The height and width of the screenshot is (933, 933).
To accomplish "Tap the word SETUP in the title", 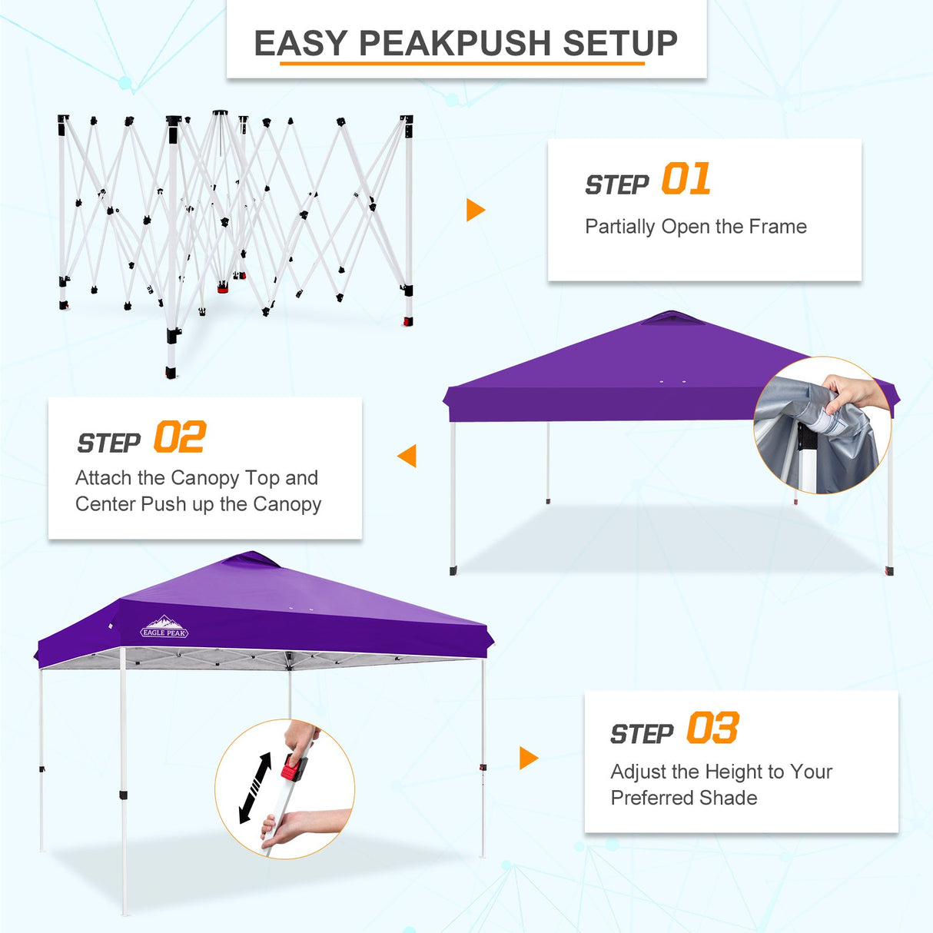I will point(620,44).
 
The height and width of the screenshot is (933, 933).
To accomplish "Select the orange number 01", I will point(686,179).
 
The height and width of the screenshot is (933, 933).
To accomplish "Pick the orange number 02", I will point(179,438).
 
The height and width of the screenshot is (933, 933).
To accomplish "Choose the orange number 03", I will point(712,729).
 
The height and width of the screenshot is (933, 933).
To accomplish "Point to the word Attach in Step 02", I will point(103,478).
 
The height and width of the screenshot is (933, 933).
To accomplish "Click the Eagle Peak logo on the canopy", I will point(164,628).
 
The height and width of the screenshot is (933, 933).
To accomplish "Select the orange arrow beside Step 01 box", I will point(476,210).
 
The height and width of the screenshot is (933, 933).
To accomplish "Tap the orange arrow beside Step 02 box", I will point(407,456).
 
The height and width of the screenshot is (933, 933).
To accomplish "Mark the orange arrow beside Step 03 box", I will point(528,758).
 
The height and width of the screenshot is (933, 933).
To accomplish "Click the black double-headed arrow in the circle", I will point(255,788).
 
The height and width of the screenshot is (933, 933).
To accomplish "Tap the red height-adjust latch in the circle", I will point(292,767).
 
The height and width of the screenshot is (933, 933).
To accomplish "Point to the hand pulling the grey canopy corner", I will point(853,392).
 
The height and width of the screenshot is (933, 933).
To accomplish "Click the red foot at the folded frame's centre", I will point(223,288).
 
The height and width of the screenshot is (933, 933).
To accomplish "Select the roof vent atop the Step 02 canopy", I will point(672,317).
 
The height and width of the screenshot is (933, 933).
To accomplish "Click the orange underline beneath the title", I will point(461,63).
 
